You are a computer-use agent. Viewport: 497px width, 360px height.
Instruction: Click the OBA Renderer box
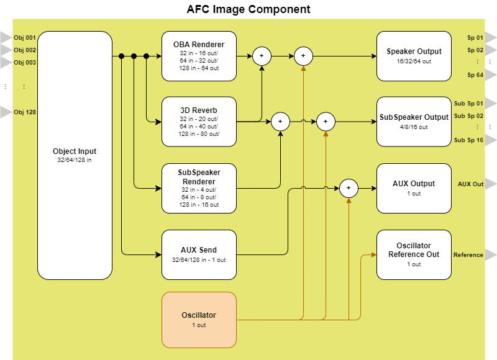click(199, 56)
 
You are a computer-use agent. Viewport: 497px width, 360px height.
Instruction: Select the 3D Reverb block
click(199, 122)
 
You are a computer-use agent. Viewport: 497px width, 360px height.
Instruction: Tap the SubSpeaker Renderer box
click(199, 188)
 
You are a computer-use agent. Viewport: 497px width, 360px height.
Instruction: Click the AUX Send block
click(199, 254)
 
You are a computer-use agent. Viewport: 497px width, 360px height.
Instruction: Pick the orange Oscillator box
click(199, 320)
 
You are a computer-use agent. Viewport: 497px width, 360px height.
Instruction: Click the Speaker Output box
click(414, 56)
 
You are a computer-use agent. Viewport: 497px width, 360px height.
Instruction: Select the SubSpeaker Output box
click(414, 122)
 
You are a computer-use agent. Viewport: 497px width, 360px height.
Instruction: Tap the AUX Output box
click(414, 188)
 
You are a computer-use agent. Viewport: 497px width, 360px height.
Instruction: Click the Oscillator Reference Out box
click(414, 254)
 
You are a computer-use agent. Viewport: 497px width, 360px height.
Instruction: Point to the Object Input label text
click(75, 151)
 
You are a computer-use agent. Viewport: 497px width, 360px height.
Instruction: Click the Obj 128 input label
click(25, 112)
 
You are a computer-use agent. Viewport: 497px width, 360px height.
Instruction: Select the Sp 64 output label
click(475, 75)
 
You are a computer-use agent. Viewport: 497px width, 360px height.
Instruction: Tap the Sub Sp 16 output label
click(468, 140)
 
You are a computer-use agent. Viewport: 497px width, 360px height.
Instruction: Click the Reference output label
click(468, 255)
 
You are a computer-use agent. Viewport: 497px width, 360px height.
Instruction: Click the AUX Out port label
click(470, 184)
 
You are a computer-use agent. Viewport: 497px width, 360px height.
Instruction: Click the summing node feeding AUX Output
click(349, 188)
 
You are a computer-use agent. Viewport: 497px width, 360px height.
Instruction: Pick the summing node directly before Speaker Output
click(303, 56)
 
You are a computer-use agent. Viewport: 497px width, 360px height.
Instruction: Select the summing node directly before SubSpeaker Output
click(326, 122)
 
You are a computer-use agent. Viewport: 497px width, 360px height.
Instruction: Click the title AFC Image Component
click(248, 9)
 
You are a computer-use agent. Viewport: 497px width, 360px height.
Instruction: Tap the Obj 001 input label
click(25, 38)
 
